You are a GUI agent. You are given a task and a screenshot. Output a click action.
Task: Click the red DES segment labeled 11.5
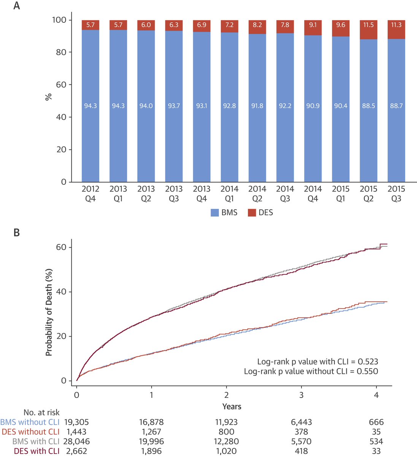point(368,30)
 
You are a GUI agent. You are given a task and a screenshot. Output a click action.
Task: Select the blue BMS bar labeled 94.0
point(146,106)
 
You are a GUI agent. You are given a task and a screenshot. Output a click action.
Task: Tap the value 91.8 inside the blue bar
point(257,106)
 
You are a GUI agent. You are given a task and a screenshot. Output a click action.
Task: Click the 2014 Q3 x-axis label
point(285,193)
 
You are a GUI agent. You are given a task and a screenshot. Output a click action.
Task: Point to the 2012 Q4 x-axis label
point(90,193)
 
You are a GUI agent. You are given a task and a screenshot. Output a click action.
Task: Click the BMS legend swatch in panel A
point(215,213)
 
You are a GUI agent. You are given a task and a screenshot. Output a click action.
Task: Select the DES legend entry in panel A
point(260,213)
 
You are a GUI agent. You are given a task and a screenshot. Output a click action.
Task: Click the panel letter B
point(16,233)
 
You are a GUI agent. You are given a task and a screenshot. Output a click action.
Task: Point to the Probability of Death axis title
point(49,312)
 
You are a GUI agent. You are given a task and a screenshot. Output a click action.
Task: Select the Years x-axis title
point(231,407)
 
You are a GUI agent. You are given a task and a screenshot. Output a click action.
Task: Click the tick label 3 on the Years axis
point(301,395)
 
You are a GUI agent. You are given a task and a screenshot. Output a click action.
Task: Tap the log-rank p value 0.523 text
point(318,361)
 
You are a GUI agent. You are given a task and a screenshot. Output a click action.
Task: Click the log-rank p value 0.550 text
point(311,371)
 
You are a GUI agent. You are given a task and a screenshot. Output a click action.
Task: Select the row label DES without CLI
point(31,432)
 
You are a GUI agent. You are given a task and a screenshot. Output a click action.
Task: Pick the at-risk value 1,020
point(226,451)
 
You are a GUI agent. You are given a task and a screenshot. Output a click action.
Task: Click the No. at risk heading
point(41,412)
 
